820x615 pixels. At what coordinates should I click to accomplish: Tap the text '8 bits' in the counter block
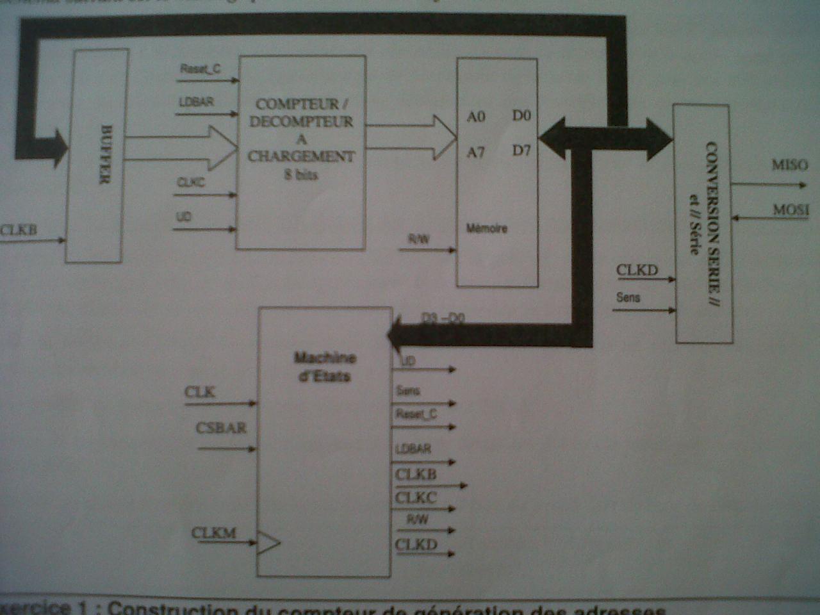point(301,174)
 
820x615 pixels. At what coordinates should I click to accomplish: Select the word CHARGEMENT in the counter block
point(301,156)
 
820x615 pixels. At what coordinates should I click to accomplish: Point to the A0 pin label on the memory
point(476,117)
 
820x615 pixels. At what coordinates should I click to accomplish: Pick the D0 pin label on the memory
point(521,115)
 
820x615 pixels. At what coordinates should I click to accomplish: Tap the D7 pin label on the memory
point(521,151)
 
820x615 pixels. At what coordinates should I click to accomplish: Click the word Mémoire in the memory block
point(487,228)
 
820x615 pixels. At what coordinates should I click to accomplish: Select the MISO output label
point(789,165)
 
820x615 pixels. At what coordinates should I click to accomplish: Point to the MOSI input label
point(791,209)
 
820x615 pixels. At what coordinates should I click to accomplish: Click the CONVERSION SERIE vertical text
point(710,224)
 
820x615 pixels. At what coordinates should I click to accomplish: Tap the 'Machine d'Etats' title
point(325,366)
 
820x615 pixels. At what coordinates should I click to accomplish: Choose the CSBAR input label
point(221,428)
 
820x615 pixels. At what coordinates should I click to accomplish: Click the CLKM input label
point(214,533)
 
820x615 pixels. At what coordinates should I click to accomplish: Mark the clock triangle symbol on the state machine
point(268,543)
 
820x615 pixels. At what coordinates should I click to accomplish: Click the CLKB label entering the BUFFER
point(18,229)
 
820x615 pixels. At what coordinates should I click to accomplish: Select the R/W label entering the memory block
point(419,239)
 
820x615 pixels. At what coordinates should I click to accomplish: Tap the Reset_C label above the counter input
point(200,69)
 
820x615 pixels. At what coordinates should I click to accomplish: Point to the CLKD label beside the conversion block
point(637,270)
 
